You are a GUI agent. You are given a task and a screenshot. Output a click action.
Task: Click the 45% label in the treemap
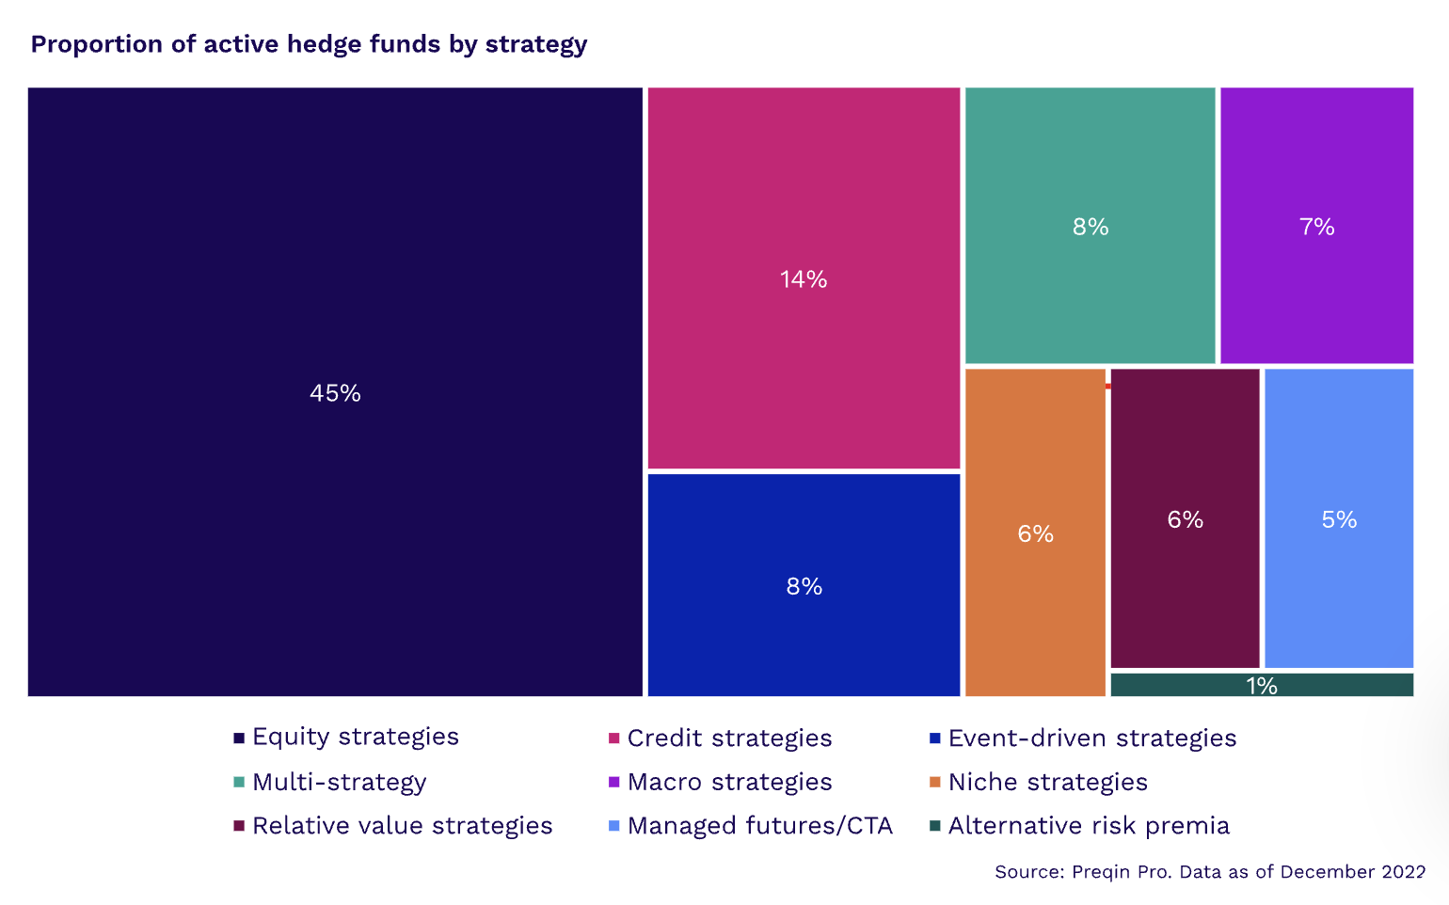click(335, 393)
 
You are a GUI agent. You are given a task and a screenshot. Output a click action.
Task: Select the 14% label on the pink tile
click(804, 279)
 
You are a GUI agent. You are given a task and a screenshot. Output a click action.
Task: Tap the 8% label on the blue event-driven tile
click(804, 587)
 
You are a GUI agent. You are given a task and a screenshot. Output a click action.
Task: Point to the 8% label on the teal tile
click(1091, 227)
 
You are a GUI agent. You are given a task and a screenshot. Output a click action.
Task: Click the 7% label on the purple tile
click(1316, 227)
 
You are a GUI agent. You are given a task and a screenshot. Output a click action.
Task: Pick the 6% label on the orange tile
click(1035, 534)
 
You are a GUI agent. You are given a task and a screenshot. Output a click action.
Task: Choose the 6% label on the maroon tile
click(1185, 520)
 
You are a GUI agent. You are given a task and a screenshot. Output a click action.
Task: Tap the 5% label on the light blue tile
click(1339, 520)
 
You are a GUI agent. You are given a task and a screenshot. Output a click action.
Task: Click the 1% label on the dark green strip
click(1262, 686)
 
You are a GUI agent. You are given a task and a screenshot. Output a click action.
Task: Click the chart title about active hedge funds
click(309, 44)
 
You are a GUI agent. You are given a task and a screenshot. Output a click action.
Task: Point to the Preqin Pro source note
click(1209, 872)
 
